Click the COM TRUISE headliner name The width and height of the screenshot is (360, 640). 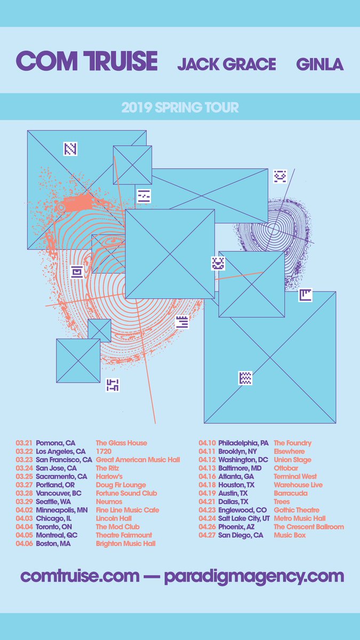87,62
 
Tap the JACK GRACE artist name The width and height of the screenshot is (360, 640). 227,65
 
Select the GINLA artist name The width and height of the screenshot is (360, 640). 320,65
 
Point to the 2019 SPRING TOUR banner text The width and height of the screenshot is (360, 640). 180,107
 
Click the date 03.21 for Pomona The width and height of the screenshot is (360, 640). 24,443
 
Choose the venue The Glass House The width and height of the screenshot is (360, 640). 121,443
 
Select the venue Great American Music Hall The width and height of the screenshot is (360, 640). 138,460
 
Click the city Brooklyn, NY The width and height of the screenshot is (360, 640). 237,451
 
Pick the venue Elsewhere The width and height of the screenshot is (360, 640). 289,451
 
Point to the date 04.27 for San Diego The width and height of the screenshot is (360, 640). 207,535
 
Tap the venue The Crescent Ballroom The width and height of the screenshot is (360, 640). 309,526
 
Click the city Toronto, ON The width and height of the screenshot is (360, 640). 54,526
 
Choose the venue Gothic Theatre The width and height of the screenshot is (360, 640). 297,510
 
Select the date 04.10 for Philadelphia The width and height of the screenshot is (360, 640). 207,443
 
